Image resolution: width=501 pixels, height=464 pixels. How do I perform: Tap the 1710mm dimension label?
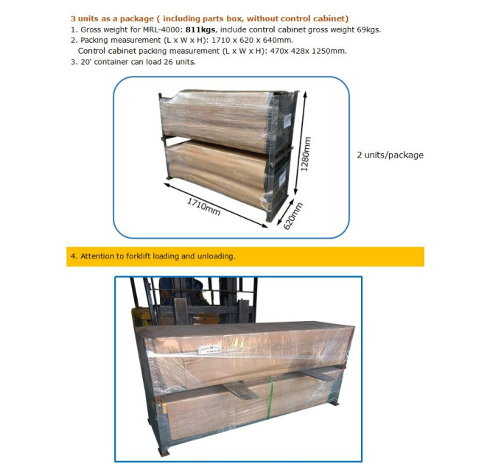click(x=203, y=207)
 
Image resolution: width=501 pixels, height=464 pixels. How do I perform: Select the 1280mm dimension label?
click(x=306, y=154)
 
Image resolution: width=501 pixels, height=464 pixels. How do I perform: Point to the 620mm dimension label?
click(x=293, y=216)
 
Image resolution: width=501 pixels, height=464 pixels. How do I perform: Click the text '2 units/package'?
click(x=390, y=155)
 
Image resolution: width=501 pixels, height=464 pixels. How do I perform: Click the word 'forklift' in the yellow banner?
click(x=139, y=256)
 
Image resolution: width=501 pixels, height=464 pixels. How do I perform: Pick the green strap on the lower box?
click(x=270, y=398)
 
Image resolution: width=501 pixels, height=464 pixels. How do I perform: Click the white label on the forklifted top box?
click(x=209, y=349)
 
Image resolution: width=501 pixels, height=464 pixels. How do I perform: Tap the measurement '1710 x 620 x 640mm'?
click(x=252, y=41)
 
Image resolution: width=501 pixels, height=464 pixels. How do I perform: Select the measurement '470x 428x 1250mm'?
click(x=308, y=51)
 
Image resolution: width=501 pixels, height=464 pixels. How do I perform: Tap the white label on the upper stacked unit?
click(x=287, y=121)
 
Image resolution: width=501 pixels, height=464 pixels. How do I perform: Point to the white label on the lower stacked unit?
click(x=282, y=178)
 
